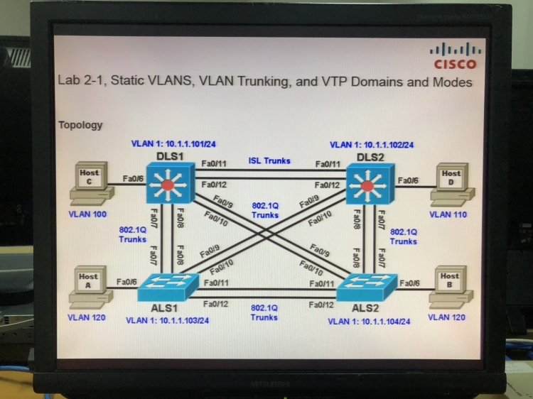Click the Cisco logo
tap(455, 56)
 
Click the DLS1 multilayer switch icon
tap(166, 185)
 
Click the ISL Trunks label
tap(269, 161)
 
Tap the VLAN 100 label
tap(87, 214)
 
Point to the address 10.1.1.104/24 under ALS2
tap(386, 322)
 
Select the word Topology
tap(80, 125)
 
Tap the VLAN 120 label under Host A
tap(87, 317)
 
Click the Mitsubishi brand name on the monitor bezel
tap(266, 384)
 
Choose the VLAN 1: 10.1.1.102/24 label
tap(372, 145)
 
